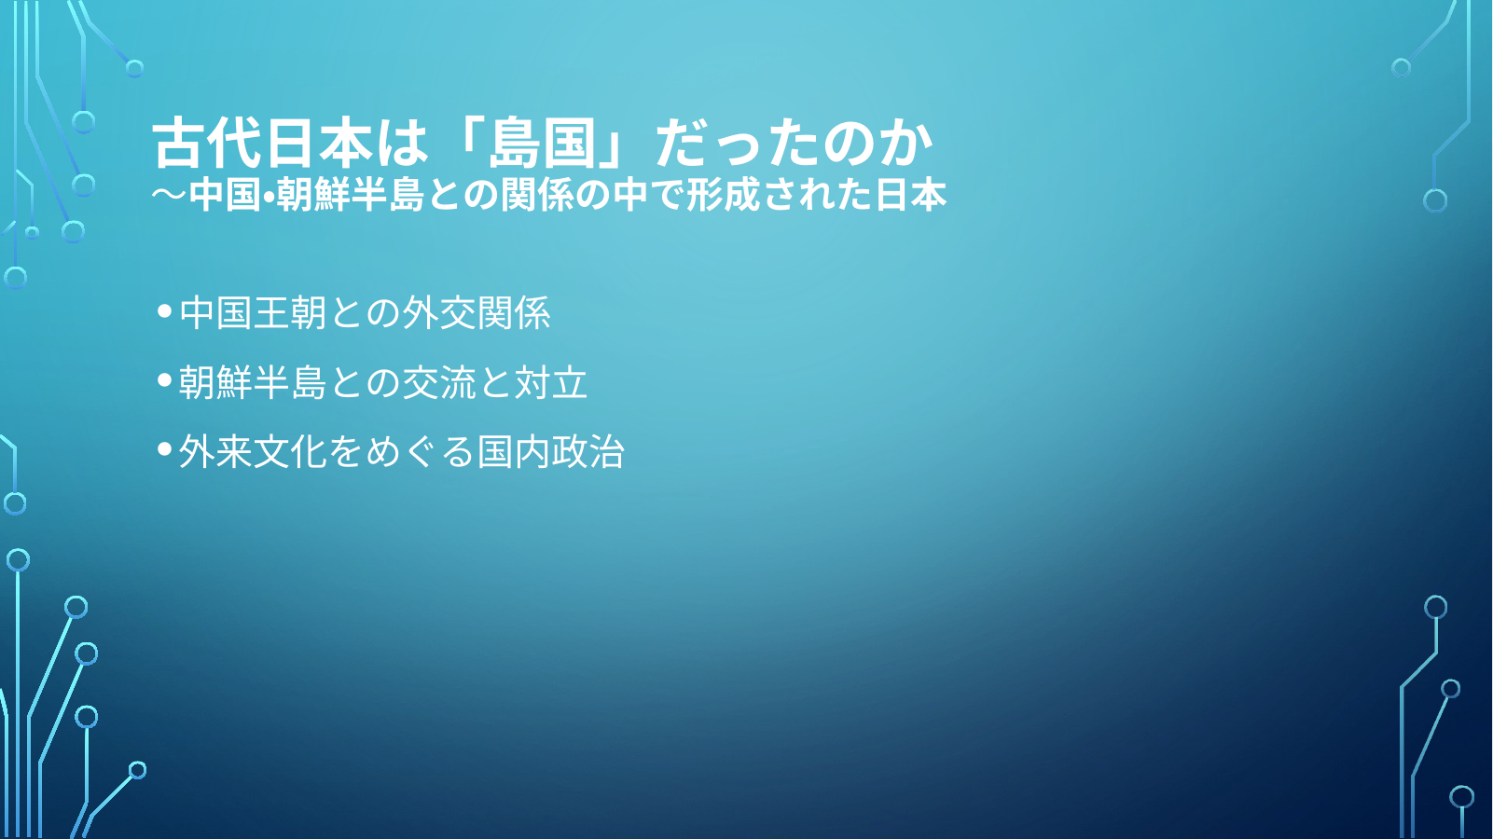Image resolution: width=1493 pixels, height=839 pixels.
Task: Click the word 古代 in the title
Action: click(x=207, y=143)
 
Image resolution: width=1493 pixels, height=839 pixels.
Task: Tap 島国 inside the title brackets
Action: click(x=541, y=143)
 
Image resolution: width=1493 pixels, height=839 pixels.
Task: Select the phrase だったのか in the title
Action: click(x=794, y=143)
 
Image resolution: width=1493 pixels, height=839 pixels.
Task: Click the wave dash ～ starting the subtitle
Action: click(x=169, y=195)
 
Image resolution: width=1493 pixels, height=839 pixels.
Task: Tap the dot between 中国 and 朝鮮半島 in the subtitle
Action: click(x=268, y=196)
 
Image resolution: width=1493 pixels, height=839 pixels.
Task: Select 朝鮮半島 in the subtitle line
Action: click(x=350, y=195)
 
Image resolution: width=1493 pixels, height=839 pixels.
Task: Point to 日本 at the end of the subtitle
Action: click(x=910, y=195)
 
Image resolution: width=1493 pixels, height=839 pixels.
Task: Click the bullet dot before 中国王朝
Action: click(x=165, y=310)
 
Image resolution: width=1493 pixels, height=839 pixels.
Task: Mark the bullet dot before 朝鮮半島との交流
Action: click(x=165, y=380)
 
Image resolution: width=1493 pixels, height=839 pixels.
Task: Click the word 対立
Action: click(x=550, y=382)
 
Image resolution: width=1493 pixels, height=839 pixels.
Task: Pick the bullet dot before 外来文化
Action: click(x=165, y=450)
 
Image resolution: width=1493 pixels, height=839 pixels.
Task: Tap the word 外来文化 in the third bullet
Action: click(x=253, y=452)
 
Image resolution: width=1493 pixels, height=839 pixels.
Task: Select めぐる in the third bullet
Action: click(x=420, y=452)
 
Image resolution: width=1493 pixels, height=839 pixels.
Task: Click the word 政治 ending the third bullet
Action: click(x=588, y=452)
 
